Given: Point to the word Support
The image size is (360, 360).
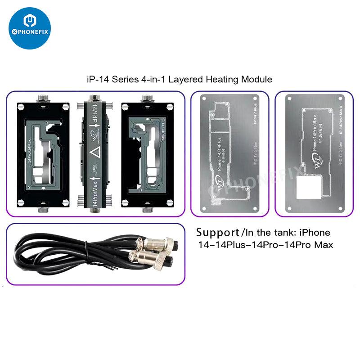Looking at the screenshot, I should tap(217, 233).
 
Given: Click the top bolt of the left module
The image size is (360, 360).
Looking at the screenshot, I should tap(43, 99).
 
